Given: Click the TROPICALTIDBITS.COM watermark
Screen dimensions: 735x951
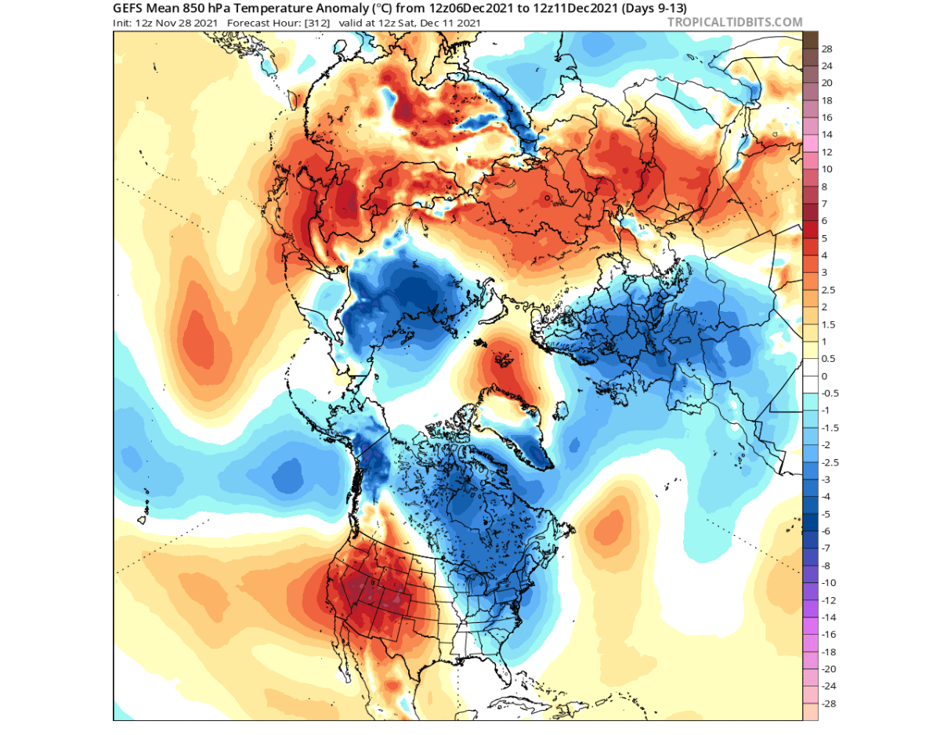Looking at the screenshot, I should pos(734,22).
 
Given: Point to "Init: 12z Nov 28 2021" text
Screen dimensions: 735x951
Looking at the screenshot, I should pos(166,22).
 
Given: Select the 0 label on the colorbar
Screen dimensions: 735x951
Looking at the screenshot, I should pos(824,376).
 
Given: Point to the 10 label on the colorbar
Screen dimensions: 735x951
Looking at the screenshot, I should pos(826,169).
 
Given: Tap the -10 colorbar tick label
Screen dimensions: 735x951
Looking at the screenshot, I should pos(829,583).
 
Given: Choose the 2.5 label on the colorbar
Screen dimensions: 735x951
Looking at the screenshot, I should pos(828,290).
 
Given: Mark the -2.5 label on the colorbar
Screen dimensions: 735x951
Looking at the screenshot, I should pos(830,462).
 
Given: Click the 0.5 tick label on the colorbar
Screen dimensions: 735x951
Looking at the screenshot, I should pos(828,359).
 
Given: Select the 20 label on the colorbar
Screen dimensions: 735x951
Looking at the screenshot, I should pos(826,83).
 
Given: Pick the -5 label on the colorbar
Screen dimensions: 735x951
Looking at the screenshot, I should pos(826,514).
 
